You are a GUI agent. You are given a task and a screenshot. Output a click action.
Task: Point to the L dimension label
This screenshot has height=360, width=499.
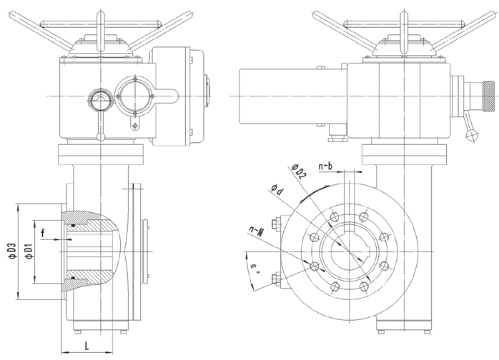point(86,346)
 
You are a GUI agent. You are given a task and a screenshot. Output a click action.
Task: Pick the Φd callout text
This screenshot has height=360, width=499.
point(277,191)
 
